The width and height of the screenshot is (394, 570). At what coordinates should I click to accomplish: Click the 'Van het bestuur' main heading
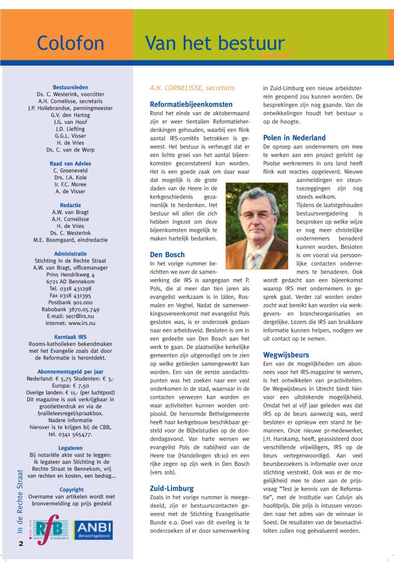(215, 43)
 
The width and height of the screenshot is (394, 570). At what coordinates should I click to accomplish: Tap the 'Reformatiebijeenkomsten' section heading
(191, 105)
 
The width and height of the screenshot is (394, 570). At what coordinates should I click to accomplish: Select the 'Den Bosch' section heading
(167, 255)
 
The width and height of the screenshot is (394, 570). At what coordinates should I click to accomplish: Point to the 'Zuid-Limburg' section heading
(171, 488)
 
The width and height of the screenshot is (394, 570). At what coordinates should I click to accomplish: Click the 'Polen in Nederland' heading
(294, 138)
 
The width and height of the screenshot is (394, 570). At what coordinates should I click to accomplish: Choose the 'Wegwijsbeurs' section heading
(286, 354)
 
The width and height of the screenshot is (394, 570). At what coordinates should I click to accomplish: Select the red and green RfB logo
(50, 535)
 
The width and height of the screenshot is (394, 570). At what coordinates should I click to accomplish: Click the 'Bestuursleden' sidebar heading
(70, 88)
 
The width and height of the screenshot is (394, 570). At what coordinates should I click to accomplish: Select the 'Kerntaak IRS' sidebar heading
(70, 337)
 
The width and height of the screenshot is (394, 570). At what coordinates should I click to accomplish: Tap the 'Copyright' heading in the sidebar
(71, 489)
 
